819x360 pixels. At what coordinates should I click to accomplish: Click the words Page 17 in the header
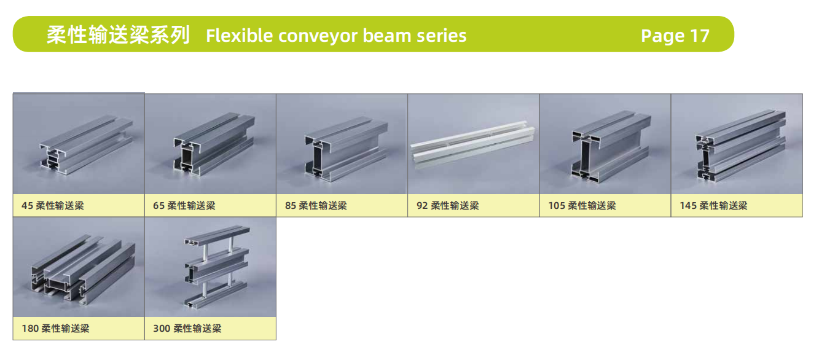(675, 36)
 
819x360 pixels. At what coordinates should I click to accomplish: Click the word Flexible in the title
(239, 36)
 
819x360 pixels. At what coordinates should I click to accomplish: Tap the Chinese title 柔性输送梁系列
(118, 36)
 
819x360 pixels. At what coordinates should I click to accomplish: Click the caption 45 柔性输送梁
(53, 206)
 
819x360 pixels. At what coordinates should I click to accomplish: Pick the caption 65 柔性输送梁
(184, 206)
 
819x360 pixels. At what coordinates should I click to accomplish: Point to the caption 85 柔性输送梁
(316, 206)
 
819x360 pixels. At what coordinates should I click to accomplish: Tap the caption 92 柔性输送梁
(447, 206)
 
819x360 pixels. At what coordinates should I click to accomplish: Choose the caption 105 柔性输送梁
(582, 206)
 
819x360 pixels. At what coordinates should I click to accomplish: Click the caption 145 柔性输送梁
(714, 206)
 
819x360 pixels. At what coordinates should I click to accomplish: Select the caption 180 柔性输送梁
(55, 329)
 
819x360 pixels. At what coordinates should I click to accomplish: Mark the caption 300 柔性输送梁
(187, 329)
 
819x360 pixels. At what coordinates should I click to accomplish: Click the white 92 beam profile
(472, 146)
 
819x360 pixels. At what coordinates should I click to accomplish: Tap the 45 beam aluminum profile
(86, 145)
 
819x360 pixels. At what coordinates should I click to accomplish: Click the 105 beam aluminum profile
(611, 146)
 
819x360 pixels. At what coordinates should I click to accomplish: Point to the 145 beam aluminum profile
(741, 147)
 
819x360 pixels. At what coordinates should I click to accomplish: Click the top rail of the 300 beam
(217, 237)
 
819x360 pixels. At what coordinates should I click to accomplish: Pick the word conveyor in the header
(318, 36)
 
